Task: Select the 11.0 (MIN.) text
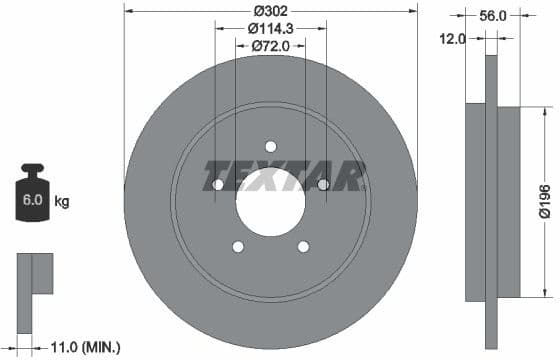[x=86, y=347]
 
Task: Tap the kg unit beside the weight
[x=62, y=202]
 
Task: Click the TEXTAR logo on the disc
[x=284, y=175]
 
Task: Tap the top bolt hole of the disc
[x=270, y=147]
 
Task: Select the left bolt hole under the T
[x=217, y=185]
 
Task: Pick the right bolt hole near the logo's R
[x=322, y=184]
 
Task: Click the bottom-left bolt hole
[x=238, y=247]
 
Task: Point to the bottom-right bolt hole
[x=303, y=247]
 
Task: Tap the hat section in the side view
[x=509, y=196]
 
